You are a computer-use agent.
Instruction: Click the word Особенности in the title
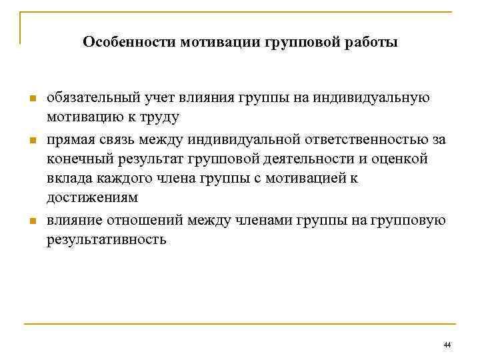(x=125, y=43)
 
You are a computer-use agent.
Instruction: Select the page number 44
(x=447, y=345)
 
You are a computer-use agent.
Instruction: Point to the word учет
(x=155, y=99)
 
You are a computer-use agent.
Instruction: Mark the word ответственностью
(x=357, y=140)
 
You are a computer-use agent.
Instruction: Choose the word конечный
(x=77, y=160)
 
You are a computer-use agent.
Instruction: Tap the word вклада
(x=67, y=179)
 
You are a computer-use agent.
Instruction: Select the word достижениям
(x=93, y=199)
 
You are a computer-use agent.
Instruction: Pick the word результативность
(x=107, y=239)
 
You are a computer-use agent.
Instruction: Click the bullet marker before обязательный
(x=31, y=99)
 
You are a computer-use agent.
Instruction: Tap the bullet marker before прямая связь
(x=31, y=141)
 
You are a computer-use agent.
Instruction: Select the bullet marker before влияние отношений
(x=31, y=221)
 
